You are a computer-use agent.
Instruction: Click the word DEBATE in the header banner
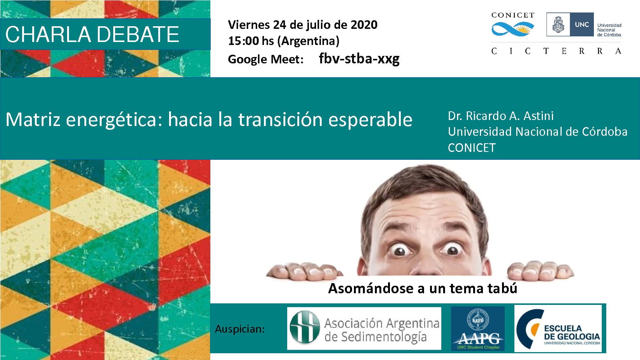pos(138,34)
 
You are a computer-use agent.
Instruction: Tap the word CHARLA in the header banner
pos(48,34)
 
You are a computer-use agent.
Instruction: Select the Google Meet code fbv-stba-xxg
pos(359,59)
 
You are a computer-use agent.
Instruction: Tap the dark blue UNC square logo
pos(582,25)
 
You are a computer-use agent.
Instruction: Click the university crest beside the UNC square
pos(558,25)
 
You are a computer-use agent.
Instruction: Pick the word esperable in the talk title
pos(370,120)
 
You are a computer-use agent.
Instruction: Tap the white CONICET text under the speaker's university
pos(472,148)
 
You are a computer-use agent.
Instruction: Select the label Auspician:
pos(240,329)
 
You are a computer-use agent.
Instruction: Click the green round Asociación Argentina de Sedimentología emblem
pos(304,327)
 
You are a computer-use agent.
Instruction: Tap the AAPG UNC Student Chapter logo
pos(478,328)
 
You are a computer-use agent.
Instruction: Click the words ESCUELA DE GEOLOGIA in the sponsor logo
pos(572,333)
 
